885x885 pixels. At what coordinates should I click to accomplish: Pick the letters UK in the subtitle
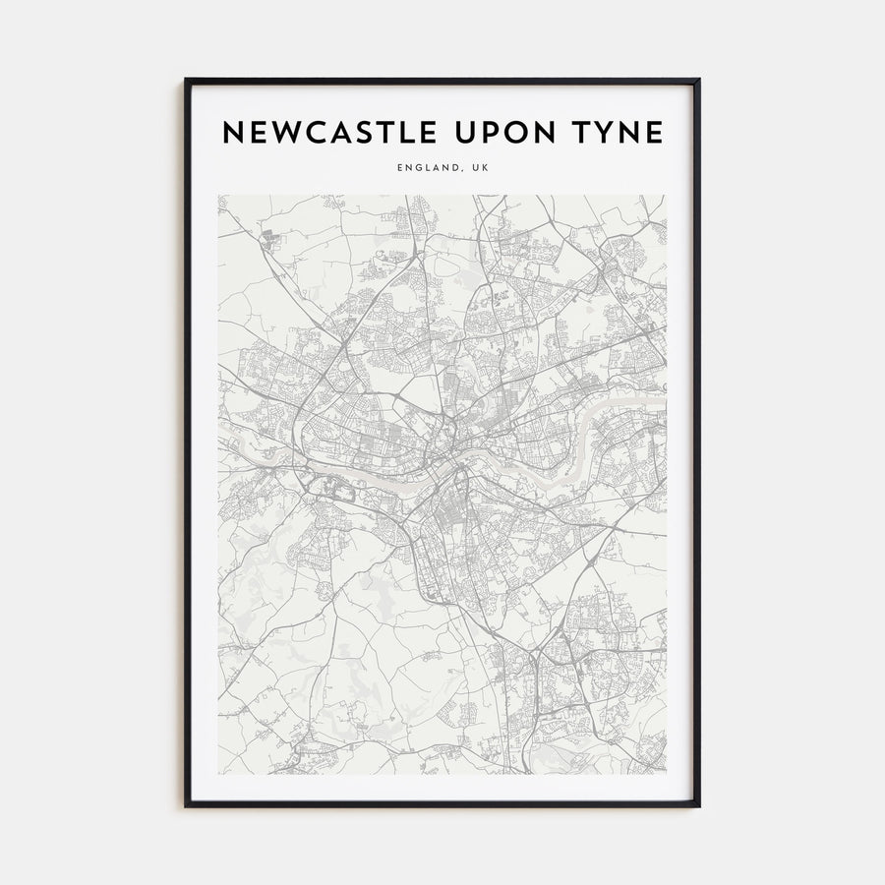pos(478,168)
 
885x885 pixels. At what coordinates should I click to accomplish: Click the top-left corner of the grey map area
pos(218,195)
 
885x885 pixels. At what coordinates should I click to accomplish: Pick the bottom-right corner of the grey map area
pos(666,773)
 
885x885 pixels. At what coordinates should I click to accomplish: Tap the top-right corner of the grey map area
pos(666,195)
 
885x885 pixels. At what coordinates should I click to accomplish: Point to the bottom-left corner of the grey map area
pos(218,773)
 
